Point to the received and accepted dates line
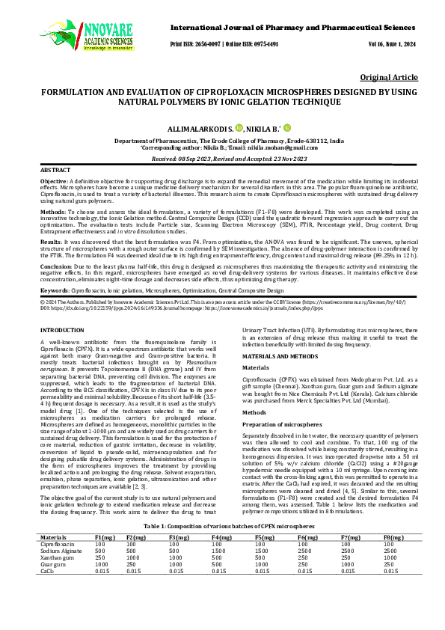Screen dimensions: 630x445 tap(222, 159)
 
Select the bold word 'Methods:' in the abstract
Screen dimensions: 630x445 tap(54, 212)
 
